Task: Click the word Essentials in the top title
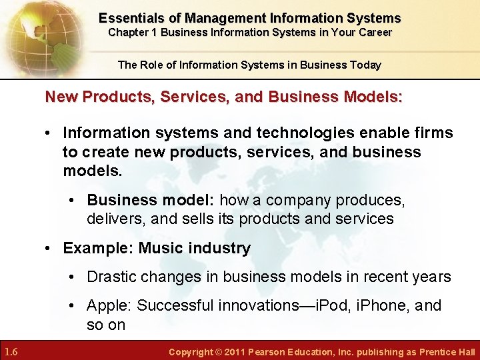(x=131, y=18)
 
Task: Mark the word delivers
(x=115, y=219)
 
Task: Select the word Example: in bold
(x=93, y=249)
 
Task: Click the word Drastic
(x=112, y=277)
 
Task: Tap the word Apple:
(x=109, y=305)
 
